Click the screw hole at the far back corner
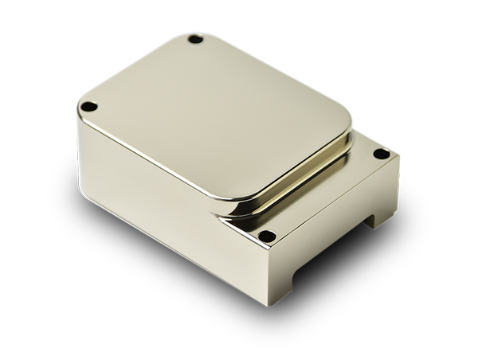click(x=194, y=38)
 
